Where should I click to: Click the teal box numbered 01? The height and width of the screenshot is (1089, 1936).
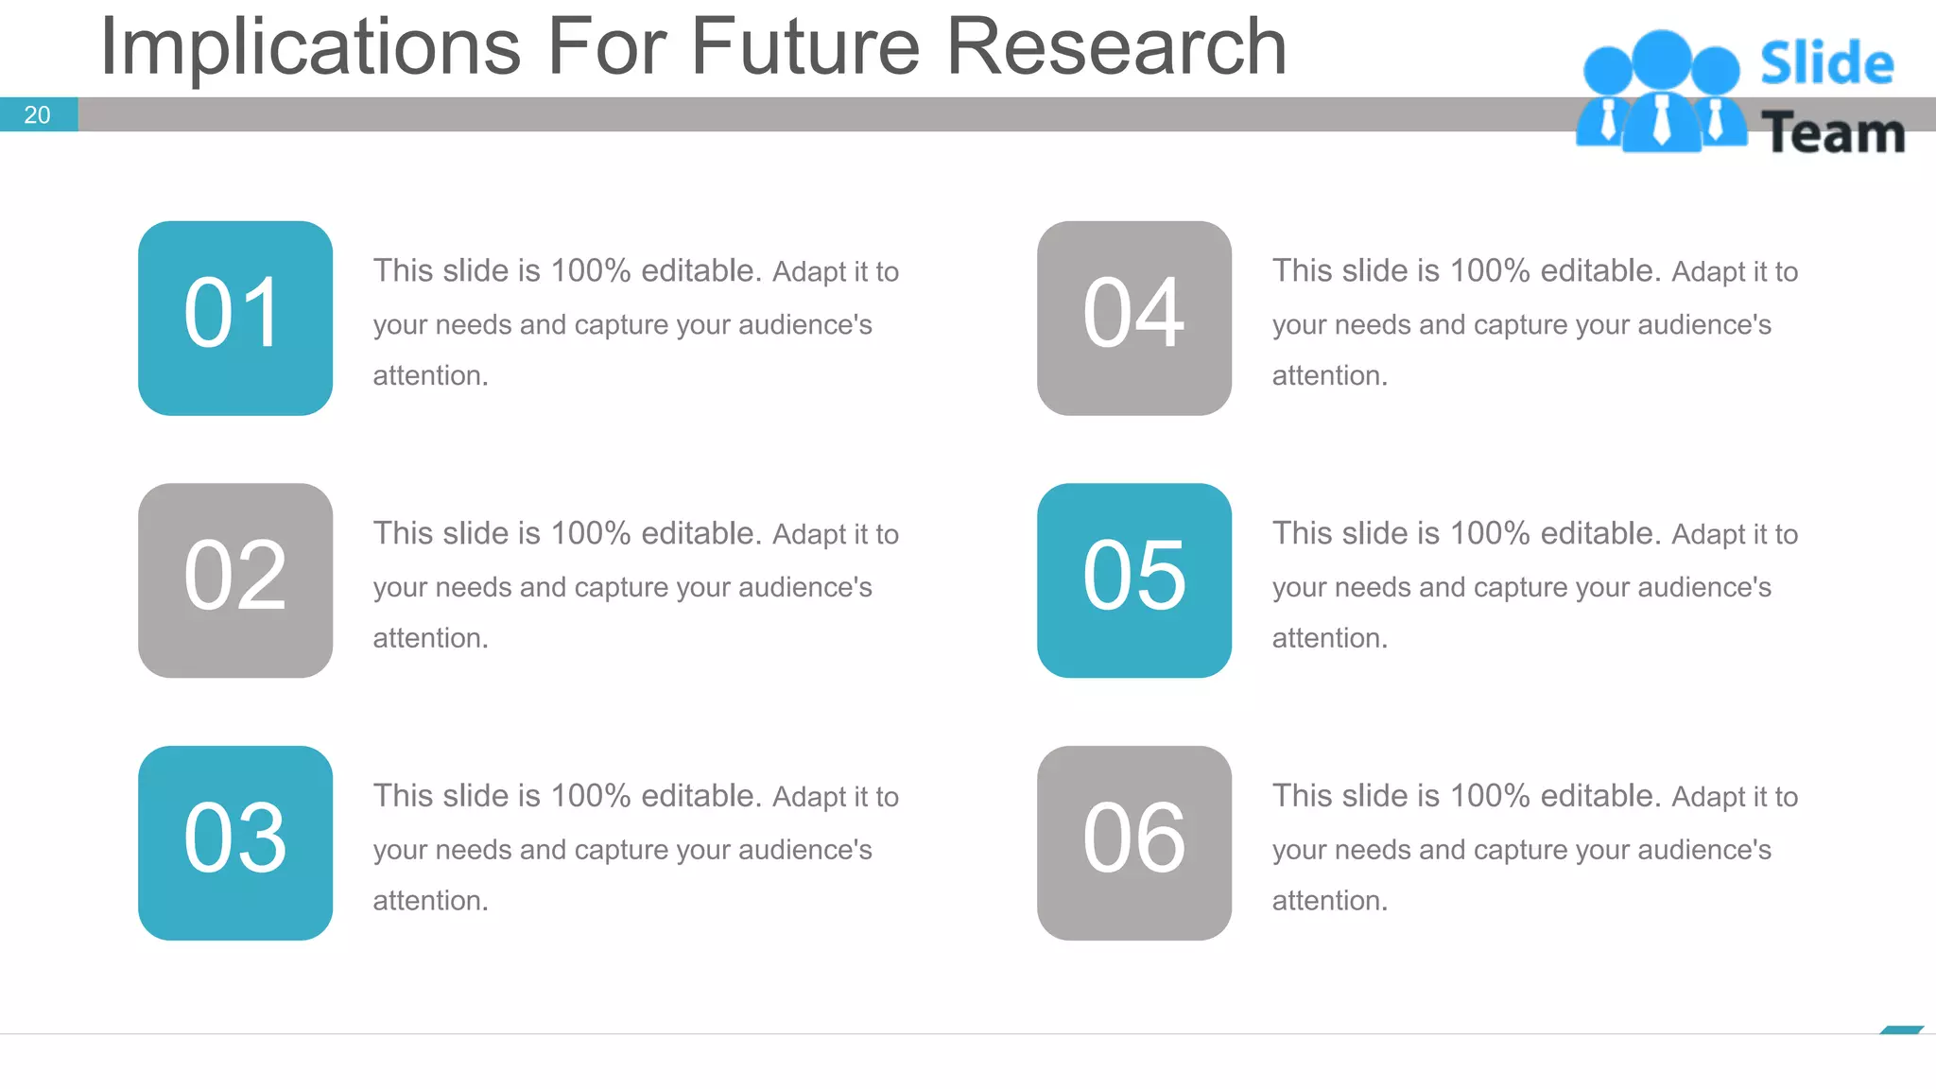click(x=234, y=318)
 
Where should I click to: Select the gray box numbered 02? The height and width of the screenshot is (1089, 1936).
click(x=234, y=579)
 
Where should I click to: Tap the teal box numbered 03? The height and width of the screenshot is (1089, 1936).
click(x=234, y=842)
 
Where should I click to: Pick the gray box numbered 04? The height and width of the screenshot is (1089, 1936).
click(x=1133, y=318)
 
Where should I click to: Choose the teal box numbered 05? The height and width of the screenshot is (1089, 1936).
click(x=1133, y=579)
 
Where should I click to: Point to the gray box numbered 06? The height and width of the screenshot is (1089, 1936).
click(x=1133, y=842)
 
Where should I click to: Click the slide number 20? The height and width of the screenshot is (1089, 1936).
click(x=37, y=115)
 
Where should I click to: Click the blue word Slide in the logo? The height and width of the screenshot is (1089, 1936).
click(x=1826, y=64)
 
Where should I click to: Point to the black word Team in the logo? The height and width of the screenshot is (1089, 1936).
click(x=1832, y=133)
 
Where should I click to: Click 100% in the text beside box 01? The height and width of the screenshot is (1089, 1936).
click(x=590, y=271)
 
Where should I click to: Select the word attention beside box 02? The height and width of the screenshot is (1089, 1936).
click(x=429, y=638)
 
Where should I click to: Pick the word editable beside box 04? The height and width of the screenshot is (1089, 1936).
click(x=1599, y=271)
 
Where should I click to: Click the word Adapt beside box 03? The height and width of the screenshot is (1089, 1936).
click(x=809, y=797)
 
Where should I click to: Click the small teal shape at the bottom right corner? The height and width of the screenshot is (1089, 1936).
click(x=1901, y=1029)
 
